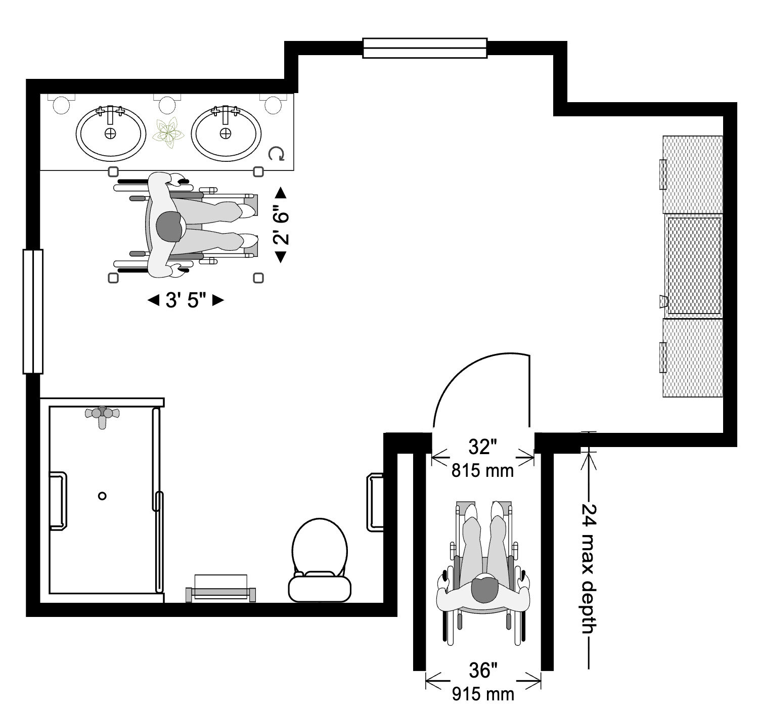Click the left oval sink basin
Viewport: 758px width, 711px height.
tap(109, 133)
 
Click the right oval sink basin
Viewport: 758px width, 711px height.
tap(225, 133)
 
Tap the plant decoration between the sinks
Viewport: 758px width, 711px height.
tap(167, 133)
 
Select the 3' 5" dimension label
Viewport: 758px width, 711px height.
tap(186, 300)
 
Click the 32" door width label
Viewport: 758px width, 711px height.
tap(482, 447)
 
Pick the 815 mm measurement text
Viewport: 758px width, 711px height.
tap(482, 471)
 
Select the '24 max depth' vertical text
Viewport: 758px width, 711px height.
tap(588, 569)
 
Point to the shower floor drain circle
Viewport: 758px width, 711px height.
tap(102, 496)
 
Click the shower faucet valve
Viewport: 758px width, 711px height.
tap(103, 414)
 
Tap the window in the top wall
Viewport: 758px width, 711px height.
tap(425, 49)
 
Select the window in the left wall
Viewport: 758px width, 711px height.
tap(33, 312)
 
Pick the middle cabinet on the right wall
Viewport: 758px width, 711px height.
tap(694, 265)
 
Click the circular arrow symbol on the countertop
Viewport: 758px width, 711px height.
tap(277, 154)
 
